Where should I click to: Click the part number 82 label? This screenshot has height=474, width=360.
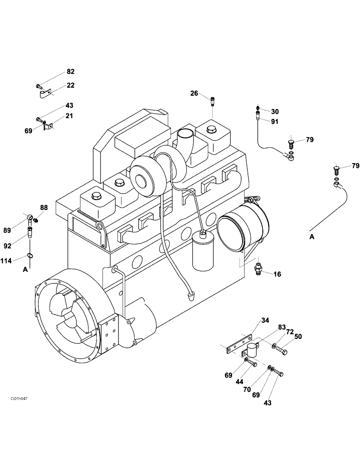[70, 72]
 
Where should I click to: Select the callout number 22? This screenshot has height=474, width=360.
[70, 85]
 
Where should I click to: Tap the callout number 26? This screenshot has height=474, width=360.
[194, 93]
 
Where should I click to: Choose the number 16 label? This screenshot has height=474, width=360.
[277, 273]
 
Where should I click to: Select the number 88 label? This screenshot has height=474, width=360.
[44, 208]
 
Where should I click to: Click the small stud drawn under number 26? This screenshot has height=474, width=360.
[213, 100]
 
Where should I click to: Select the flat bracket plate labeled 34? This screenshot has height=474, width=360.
[237, 343]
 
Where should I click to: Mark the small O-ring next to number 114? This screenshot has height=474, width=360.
[30, 256]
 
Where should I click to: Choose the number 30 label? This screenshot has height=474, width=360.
[275, 111]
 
